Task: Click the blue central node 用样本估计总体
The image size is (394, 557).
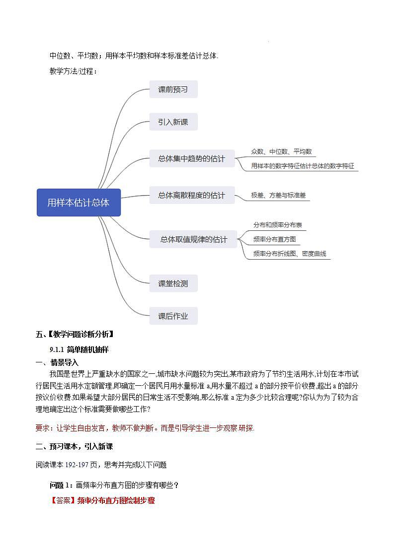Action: pyautogui.click(x=79, y=203)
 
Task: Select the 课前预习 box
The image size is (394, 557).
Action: pyautogui.click(x=173, y=89)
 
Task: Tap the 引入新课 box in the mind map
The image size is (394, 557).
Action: pyautogui.click(x=173, y=122)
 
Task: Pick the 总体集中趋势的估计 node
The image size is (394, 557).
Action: pyautogui.click(x=191, y=159)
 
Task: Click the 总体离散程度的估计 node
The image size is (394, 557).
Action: pyautogui.click(x=191, y=195)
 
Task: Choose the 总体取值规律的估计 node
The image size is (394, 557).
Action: pyautogui.click(x=193, y=239)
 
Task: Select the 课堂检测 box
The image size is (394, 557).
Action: pyautogui.click(x=173, y=283)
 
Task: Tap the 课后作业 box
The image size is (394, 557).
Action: pyautogui.click(x=173, y=316)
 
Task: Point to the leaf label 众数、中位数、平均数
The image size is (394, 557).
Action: pyautogui.click(x=281, y=151)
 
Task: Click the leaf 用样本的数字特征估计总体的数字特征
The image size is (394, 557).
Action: pyautogui.click(x=303, y=166)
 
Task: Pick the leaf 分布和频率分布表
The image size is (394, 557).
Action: pyautogui.click(x=277, y=225)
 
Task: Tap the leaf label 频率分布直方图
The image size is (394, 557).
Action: pyautogui.click(x=274, y=239)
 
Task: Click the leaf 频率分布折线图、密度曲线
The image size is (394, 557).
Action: pyautogui.click(x=289, y=254)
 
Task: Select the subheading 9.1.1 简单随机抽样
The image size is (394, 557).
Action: pyautogui.click(x=79, y=349)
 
